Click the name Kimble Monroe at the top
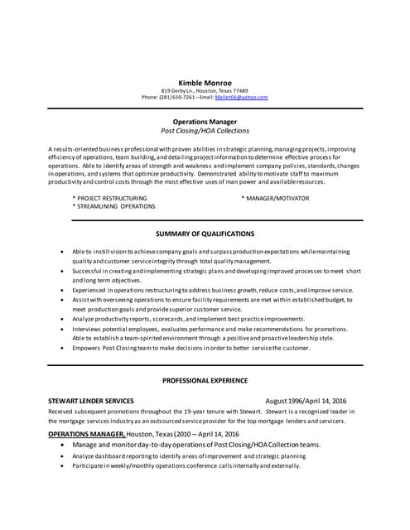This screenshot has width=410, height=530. (205, 82)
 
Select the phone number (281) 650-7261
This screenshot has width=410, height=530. (177, 98)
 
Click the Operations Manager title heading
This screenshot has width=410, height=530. (205, 121)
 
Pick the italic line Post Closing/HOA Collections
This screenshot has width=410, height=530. (205, 131)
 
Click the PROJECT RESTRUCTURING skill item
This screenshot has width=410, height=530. (112, 199)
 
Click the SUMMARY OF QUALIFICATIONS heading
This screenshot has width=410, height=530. (205, 234)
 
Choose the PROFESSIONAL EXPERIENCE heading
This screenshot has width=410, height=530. (205, 381)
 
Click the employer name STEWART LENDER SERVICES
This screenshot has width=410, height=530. (91, 401)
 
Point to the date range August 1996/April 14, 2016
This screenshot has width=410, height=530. (306, 401)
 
